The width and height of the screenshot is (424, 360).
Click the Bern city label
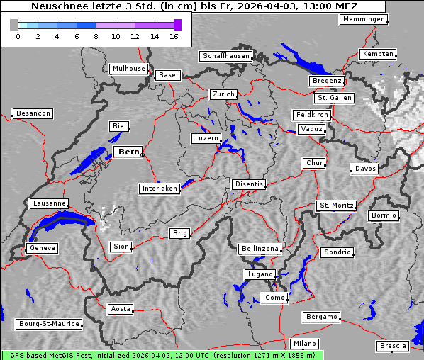[128, 152]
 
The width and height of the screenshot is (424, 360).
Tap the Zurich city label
[223, 94]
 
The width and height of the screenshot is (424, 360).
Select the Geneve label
[42, 248]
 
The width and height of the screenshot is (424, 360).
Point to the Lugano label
[260, 274]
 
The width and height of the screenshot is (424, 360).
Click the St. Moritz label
[336, 206]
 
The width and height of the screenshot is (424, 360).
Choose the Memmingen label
[364, 19]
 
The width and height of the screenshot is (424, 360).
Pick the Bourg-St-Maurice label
[49, 324]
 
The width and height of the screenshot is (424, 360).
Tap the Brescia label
[393, 346]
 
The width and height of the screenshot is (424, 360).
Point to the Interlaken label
[160, 189]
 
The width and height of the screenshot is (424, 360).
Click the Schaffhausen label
[225, 55]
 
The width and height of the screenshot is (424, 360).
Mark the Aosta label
[121, 309]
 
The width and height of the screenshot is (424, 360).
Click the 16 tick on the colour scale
[174, 35]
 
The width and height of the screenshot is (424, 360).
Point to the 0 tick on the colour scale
[18, 35]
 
